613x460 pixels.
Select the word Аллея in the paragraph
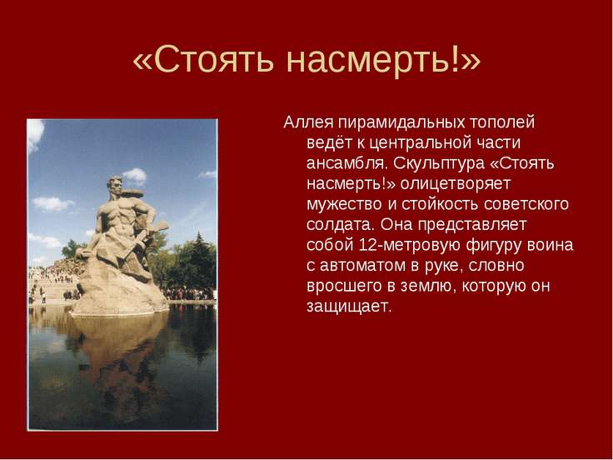pyautogui.click(x=308, y=122)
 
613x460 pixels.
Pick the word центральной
pyautogui.click(x=421, y=143)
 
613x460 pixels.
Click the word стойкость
pyautogui.click(x=440, y=204)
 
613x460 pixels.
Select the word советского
pyautogui.click(x=526, y=204)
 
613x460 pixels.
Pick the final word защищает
pyautogui.click(x=349, y=307)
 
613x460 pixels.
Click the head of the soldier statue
pyautogui.click(x=115, y=185)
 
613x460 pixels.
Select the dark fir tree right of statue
pyautogui.click(x=199, y=258)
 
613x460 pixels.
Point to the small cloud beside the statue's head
pyautogui.click(x=135, y=176)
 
